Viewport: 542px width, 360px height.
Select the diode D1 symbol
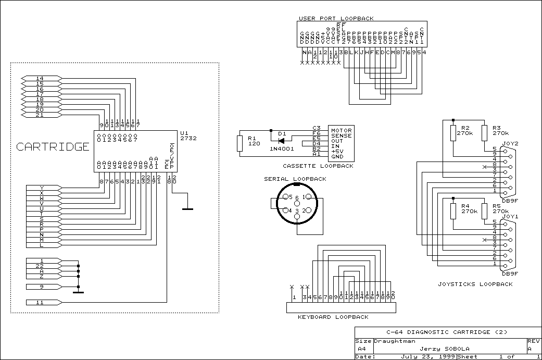click(x=282, y=141)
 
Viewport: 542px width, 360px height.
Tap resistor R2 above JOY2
click(x=453, y=133)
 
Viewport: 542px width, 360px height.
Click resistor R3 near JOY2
click(x=484, y=133)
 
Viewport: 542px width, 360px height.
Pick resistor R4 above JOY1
click(x=453, y=211)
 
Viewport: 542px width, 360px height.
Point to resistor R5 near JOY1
click(x=484, y=211)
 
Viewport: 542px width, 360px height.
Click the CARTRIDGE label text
click(x=53, y=147)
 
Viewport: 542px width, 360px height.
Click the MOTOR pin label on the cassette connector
click(x=342, y=130)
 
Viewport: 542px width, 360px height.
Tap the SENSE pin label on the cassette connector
click(x=342, y=135)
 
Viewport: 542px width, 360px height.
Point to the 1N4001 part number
click(x=282, y=149)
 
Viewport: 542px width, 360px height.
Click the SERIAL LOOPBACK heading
click(x=295, y=179)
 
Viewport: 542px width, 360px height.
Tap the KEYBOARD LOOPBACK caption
click(x=333, y=317)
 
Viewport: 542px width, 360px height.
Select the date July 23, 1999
click(x=421, y=357)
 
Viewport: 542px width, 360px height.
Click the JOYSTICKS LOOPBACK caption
click(x=475, y=284)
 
